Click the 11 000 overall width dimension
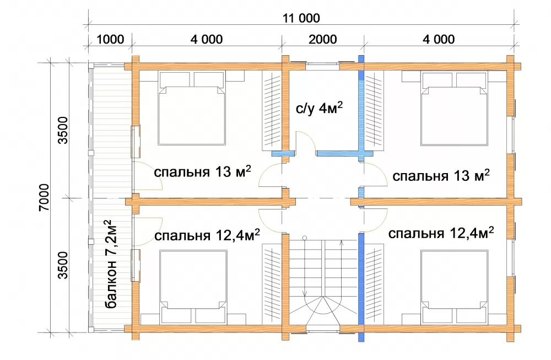[301, 18]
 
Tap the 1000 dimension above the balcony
[110, 39]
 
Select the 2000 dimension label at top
[322, 39]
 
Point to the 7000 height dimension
[44, 197]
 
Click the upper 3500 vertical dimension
[63, 130]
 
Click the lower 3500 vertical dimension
[63, 265]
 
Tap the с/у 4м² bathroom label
[319, 108]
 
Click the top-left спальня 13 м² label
[202, 171]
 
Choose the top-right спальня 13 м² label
[441, 175]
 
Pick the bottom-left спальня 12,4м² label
[207, 235]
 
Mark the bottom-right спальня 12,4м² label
[441, 233]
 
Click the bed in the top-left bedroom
[192, 108]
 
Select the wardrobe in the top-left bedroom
[272, 111]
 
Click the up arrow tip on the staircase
[341, 241]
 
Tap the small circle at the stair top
[305, 238]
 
